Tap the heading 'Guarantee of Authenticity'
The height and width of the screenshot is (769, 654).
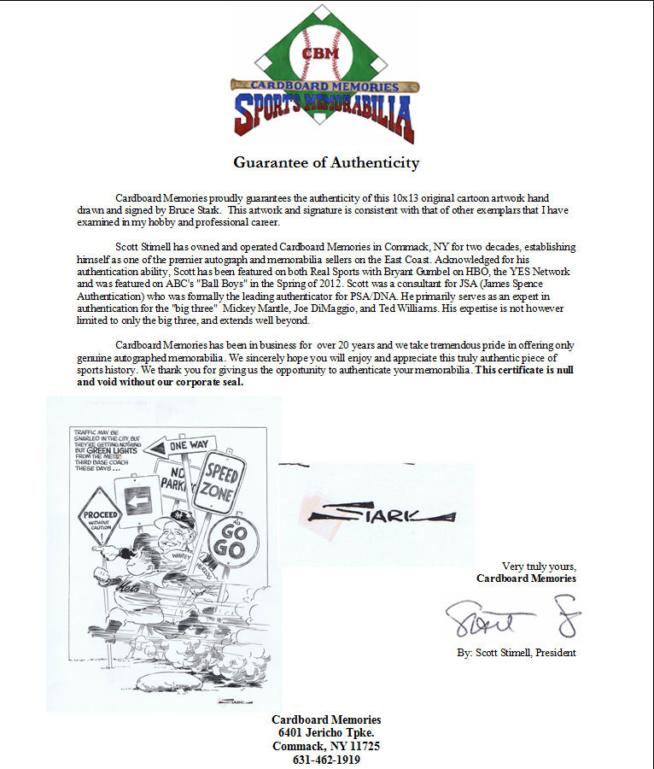[x=327, y=162]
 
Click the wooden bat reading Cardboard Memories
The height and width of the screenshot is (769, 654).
[x=324, y=86]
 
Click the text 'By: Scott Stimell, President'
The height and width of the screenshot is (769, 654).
[x=516, y=653]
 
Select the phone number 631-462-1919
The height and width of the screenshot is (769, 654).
[x=326, y=760]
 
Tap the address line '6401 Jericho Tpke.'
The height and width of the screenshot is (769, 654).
[x=326, y=733]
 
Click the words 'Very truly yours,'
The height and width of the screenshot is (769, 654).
[x=539, y=566]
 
